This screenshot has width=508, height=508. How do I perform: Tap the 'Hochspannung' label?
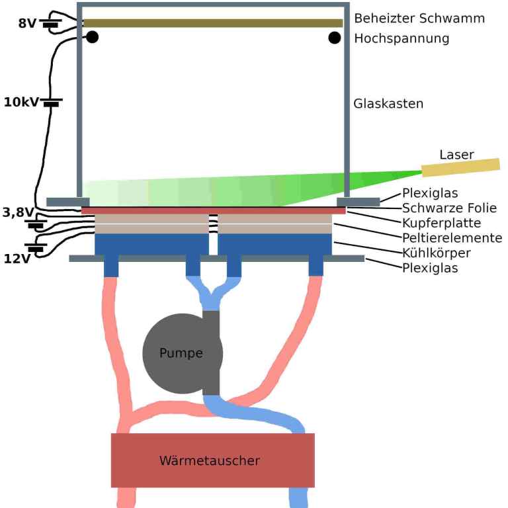(402, 38)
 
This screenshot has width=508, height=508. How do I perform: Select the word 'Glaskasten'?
(388, 104)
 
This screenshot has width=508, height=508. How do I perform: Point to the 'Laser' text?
(457, 155)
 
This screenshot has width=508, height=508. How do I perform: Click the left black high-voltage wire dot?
(93, 37)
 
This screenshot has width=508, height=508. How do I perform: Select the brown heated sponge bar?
(212, 23)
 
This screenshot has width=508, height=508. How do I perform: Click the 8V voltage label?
(27, 23)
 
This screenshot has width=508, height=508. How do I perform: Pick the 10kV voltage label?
(22, 103)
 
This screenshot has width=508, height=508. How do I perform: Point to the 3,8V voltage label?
(17, 212)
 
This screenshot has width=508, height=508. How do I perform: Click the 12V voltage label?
(17, 259)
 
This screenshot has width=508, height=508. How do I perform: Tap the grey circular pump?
(174, 353)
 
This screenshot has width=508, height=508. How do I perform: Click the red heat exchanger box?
(212, 460)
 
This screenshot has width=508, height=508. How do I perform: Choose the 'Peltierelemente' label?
(452, 237)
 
